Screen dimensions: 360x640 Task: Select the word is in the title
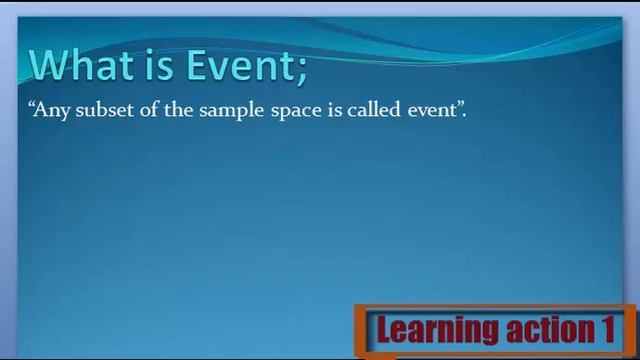tap(159, 65)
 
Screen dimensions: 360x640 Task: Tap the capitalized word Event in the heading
tap(236, 65)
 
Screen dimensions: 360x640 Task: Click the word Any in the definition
tap(52, 111)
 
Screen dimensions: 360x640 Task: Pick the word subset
tap(104, 110)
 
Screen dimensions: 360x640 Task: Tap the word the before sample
tap(178, 110)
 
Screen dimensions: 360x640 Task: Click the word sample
tap(232, 111)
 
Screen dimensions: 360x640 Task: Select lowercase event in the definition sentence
tap(431, 110)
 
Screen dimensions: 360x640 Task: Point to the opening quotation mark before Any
tap(33, 105)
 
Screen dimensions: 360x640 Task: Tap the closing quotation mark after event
tap(460, 105)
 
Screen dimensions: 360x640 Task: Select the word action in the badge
tap(541, 329)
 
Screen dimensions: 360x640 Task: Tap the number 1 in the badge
tap(607, 329)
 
